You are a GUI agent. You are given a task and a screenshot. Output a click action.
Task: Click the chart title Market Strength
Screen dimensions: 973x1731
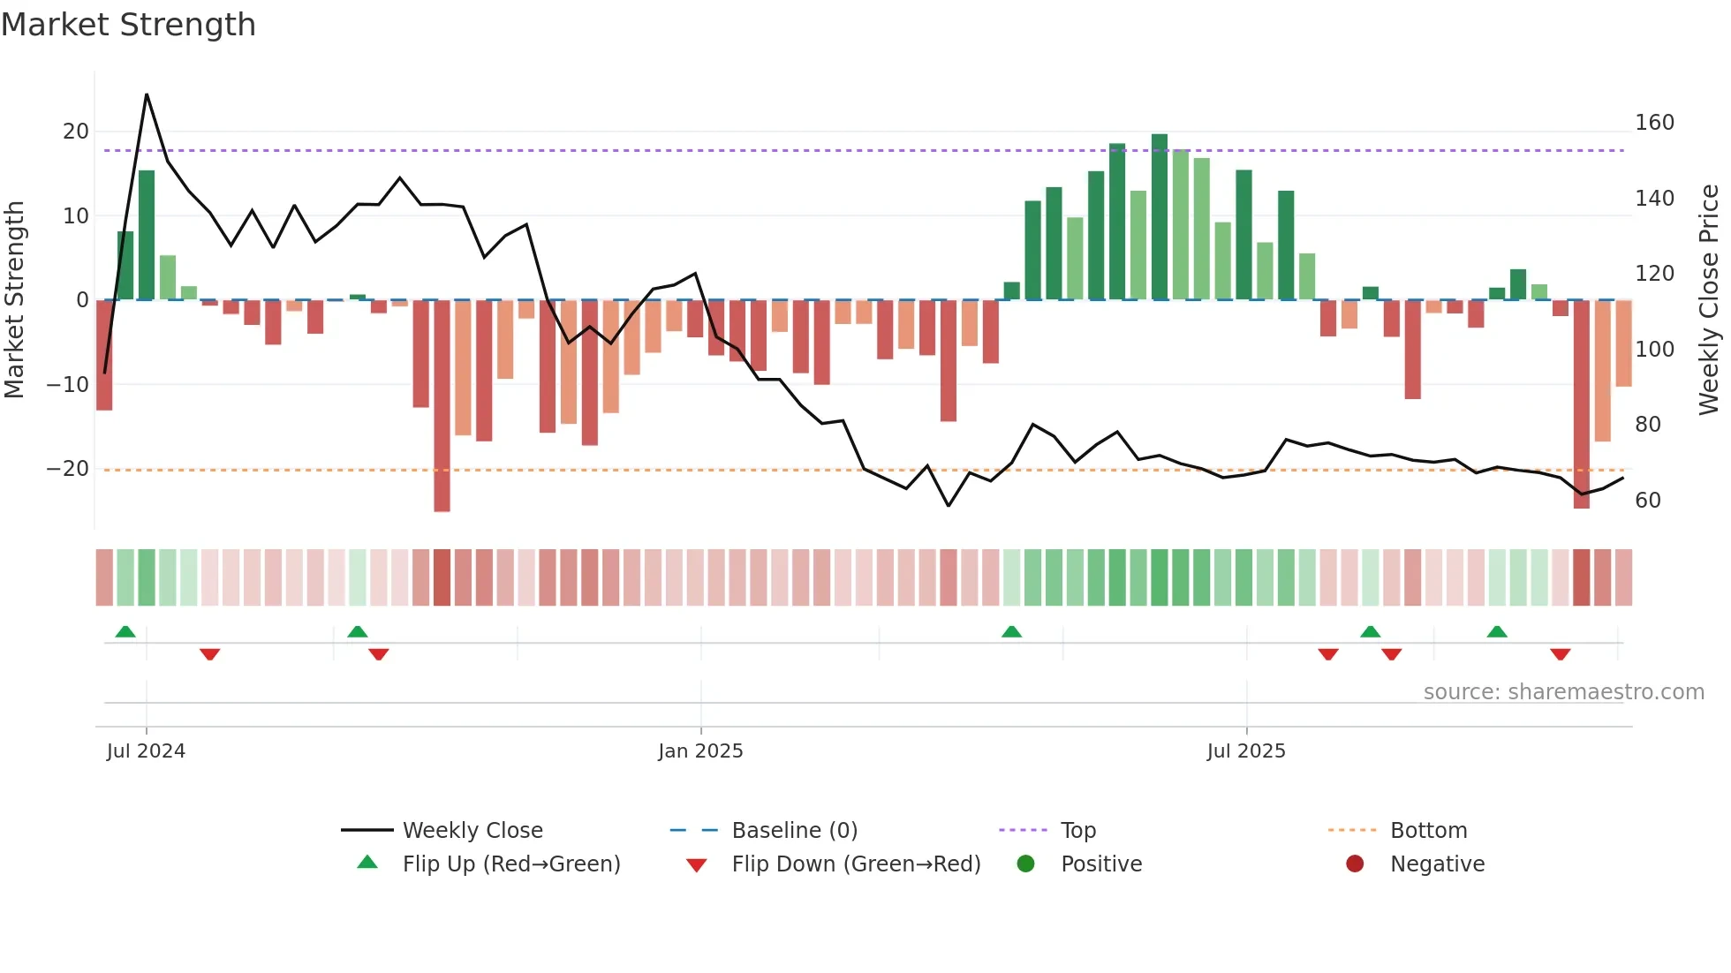pyautogui.click(x=128, y=25)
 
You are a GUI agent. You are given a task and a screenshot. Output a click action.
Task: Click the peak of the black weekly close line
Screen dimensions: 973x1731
pyautogui.click(x=147, y=94)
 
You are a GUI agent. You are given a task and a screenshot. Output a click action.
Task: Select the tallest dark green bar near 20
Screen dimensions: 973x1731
pyautogui.click(x=1160, y=216)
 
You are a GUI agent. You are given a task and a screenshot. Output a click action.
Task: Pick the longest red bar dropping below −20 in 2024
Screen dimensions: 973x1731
pyautogui.click(x=442, y=406)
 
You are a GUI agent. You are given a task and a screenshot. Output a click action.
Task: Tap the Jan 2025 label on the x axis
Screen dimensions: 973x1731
pyautogui.click(x=700, y=751)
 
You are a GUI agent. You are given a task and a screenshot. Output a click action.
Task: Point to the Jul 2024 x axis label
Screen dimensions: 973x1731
pyautogui.click(x=146, y=751)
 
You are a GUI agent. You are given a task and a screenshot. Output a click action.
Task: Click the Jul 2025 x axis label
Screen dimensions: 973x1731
pyautogui.click(x=1246, y=751)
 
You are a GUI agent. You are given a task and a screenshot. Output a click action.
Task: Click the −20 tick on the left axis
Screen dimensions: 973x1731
pyautogui.click(x=68, y=469)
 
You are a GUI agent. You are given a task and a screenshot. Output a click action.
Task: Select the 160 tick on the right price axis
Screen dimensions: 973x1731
pyautogui.click(x=1654, y=123)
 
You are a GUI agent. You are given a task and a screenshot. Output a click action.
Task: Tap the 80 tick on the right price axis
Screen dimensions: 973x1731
pyautogui.click(x=1648, y=425)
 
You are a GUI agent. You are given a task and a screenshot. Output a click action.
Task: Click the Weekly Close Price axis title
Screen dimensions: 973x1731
pyautogui.click(x=1709, y=299)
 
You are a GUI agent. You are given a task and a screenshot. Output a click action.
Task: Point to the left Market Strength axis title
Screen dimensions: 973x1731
pyautogui.click(x=14, y=299)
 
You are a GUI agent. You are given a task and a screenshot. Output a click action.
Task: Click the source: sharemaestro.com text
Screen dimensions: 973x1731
pyautogui.click(x=1563, y=692)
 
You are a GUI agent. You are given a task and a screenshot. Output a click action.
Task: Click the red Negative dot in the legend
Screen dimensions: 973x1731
pyautogui.click(x=1355, y=864)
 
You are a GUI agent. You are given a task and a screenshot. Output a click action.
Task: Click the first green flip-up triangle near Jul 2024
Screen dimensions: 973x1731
pyautogui.click(x=125, y=632)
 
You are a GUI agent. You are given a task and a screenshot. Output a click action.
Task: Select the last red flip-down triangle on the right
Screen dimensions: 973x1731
pyautogui.click(x=1560, y=654)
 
